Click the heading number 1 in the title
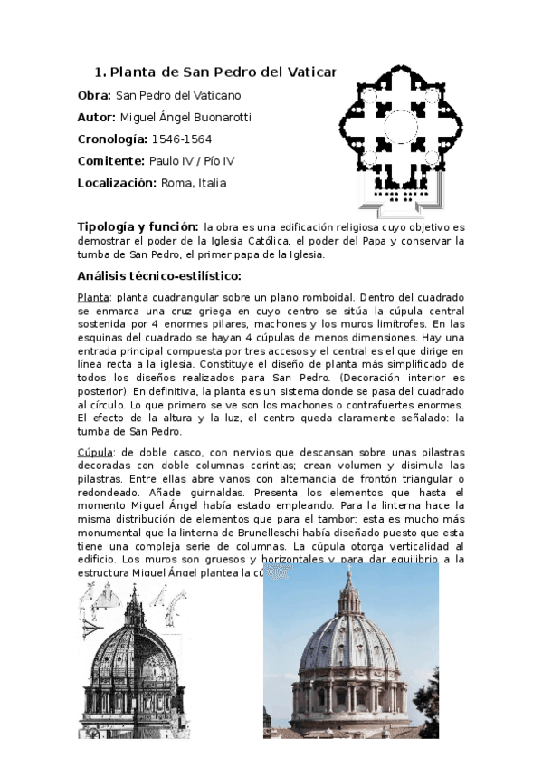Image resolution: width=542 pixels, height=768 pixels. pyautogui.click(x=99, y=72)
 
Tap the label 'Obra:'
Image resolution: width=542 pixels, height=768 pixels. pyautogui.click(x=94, y=95)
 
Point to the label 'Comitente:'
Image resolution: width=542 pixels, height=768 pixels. pyautogui.click(x=111, y=161)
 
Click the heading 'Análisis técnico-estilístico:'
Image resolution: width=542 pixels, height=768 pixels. pyautogui.click(x=159, y=276)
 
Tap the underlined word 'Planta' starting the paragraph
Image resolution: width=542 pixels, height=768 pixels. pyautogui.click(x=93, y=298)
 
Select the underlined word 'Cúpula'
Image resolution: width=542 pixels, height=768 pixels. pyautogui.click(x=96, y=451)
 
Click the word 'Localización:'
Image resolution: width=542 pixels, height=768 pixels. pyautogui.click(x=118, y=183)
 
